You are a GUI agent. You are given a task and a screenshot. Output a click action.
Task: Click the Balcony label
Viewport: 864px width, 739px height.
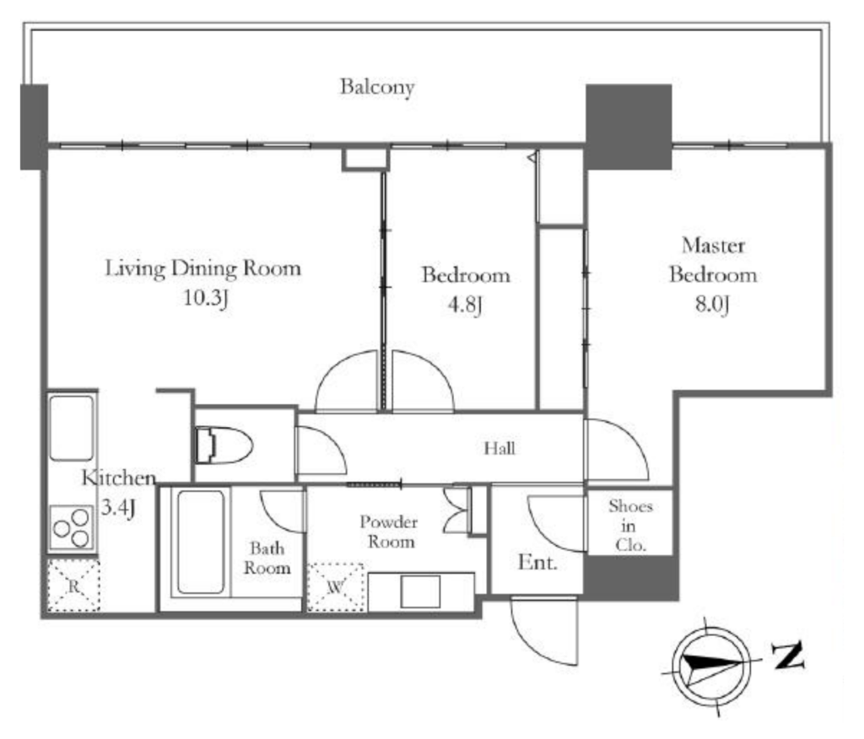pyautogui.click(x=377, y=87)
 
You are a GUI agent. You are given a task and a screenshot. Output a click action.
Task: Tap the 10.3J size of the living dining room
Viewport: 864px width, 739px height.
pyautogui.click(x=205, y=298)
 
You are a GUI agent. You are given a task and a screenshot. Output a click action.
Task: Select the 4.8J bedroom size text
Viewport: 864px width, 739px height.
pyautogui.click(x=465, y=305)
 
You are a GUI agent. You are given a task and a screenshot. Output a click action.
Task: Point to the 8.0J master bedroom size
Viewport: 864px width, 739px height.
pyautogui.click(x=712, y=304)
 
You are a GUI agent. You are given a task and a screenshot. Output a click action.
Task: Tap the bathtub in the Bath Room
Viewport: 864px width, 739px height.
pyautogui.click(x=201, y=542)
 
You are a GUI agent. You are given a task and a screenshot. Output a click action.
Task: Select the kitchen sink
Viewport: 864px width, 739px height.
pyautogui.click(x=71, y=428)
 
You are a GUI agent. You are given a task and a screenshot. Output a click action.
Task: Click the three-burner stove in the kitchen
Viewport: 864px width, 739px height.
pyautogui.click(x=72, y=528)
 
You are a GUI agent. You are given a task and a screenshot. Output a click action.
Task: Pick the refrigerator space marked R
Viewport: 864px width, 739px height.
pyautogui.click(x=73, y=585)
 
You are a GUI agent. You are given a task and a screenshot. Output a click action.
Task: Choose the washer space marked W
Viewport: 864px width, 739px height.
pyautogui.click(x=336, y=587)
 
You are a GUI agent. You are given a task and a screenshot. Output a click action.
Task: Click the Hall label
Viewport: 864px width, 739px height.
pyautogui.click(x=499, y=448)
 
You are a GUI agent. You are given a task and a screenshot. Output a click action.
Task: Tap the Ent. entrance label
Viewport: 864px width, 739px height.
pyautogui.click(x=537, y=563)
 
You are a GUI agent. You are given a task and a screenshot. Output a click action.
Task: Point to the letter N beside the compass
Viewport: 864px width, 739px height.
pyautogui.click(x=788, y=655)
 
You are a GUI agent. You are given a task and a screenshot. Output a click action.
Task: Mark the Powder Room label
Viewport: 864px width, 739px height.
pyautogui.click(x=389, y=531)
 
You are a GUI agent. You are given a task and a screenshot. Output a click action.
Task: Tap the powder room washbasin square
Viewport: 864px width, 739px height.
pyautogui.click(x=420, y=592)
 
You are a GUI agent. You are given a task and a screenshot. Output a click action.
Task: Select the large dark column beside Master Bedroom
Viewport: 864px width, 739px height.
pyautogui.click(x=629, y=127)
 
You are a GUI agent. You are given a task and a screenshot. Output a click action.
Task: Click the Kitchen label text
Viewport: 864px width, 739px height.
pyautogui.click(x=119, y=477)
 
